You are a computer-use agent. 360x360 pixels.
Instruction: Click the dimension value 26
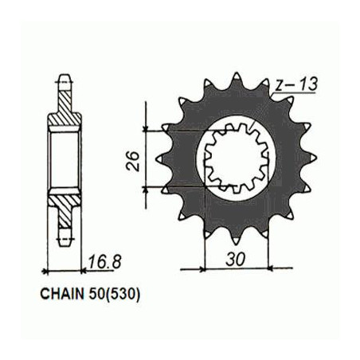(x=132, y=161)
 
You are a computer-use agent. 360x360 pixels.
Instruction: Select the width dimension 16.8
(x=104, y=261)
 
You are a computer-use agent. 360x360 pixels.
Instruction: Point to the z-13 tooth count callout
(x=296, y=84)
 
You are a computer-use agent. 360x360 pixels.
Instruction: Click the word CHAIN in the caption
(x=61, y=294)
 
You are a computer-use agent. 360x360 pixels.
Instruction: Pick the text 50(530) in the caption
(x=113, y=294)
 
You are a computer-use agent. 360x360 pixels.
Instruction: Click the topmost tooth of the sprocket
(x=236, y=78)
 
